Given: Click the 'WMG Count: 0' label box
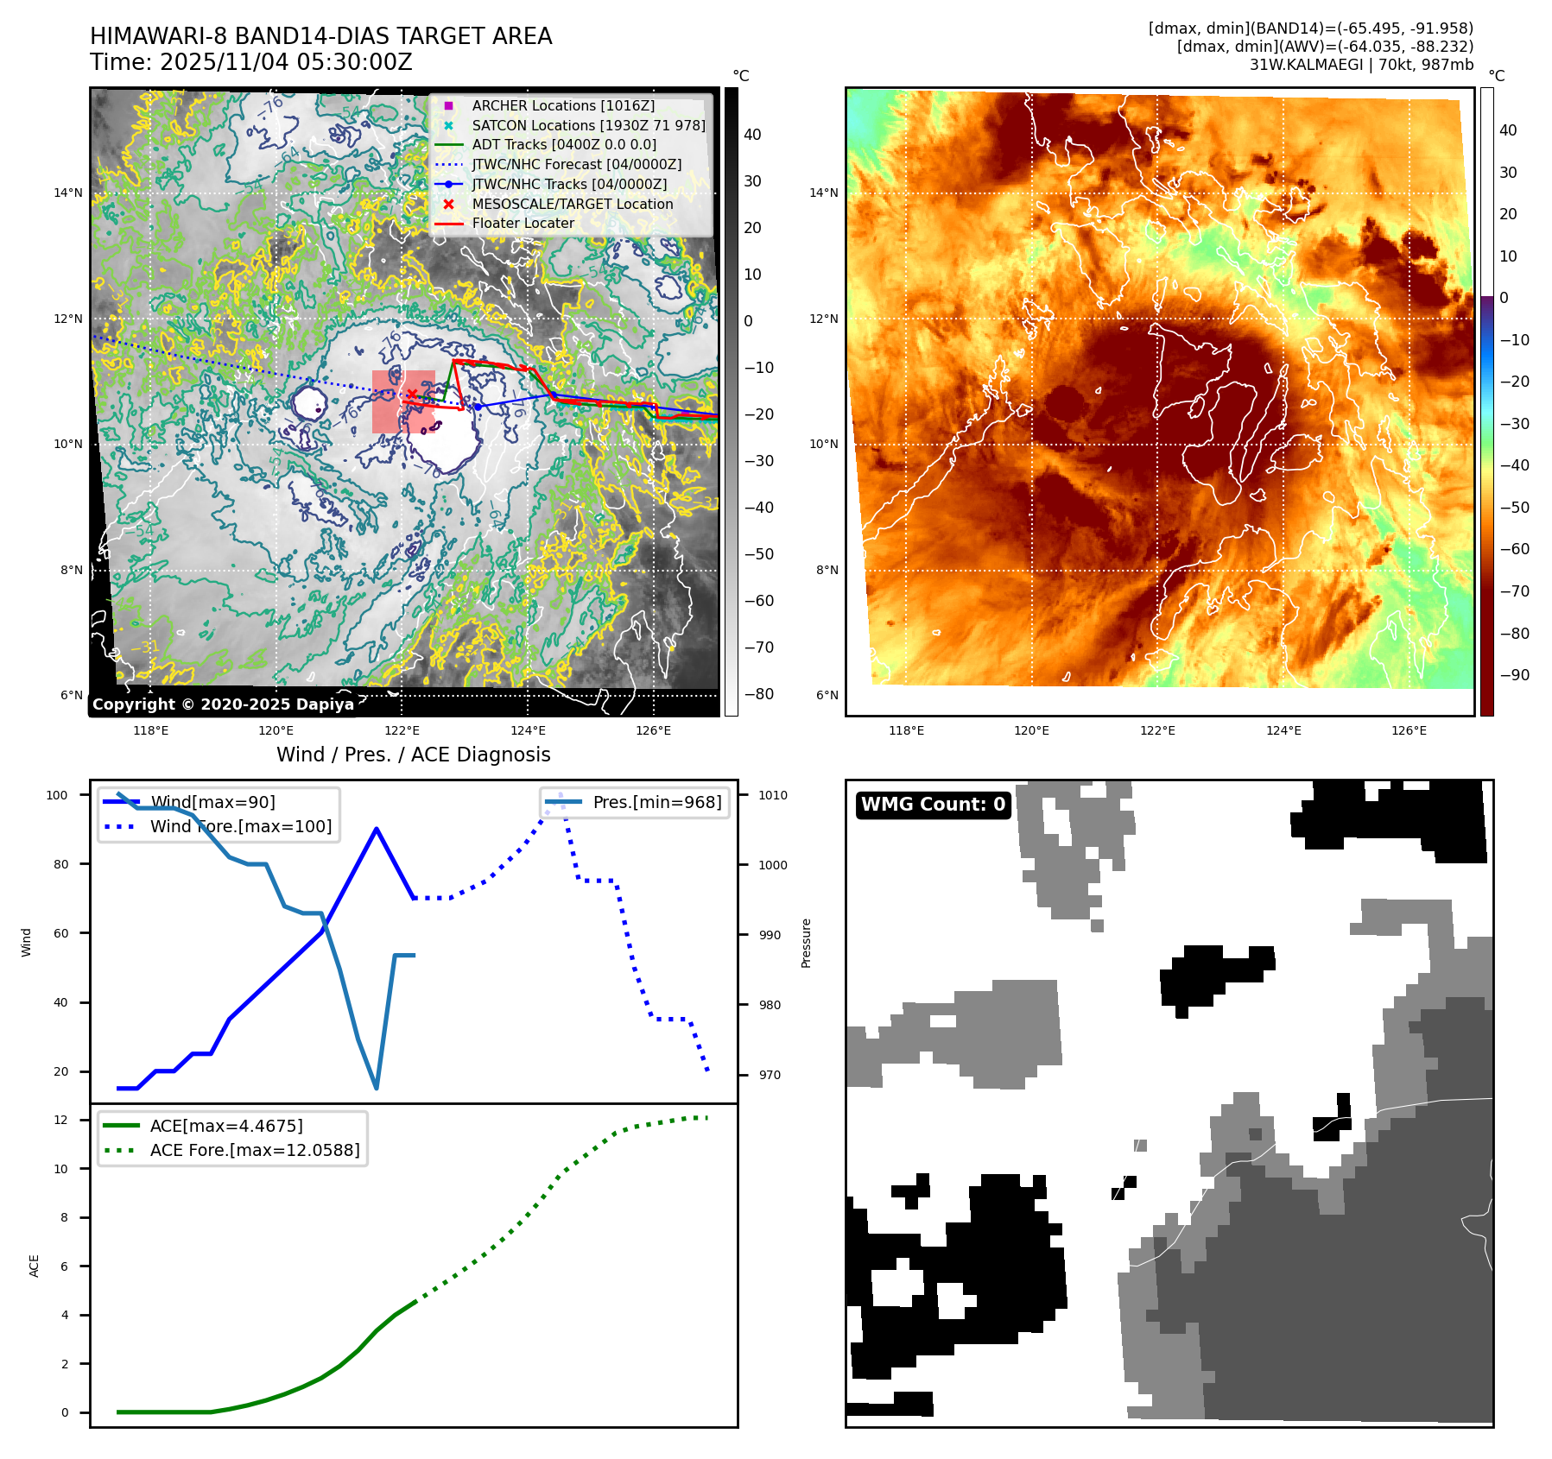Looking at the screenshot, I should coord(933,805).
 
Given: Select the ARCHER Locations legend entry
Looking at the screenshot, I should coord(563,105).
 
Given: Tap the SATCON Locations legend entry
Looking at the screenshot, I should coord(588,125).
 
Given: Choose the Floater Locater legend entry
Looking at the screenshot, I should coord(523,223).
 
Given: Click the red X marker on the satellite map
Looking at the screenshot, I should coord(412,395).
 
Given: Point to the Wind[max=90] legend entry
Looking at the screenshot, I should coord(212,802).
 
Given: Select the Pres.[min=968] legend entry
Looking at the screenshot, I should coord(656,802).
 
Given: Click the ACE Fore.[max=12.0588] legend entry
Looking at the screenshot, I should coord(254,1150).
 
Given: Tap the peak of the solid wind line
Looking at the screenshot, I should coord(377,829).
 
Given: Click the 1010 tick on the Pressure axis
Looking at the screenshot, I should coord(773,795).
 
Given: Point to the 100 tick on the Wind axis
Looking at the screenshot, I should coord(57,795).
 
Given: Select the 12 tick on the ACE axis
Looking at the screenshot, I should coord(60,1120).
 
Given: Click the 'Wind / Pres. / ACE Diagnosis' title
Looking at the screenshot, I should coord(413,755).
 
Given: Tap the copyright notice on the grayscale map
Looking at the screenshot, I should coord(223,704).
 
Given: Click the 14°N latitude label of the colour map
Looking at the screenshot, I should coord(823,193).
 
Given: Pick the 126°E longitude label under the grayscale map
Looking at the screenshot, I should coord(653,730).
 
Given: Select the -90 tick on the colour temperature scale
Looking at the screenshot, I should coord(1514,675).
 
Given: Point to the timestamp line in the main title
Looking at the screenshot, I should coord(251,62).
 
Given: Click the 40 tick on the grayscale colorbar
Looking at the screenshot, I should coord(752,135).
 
